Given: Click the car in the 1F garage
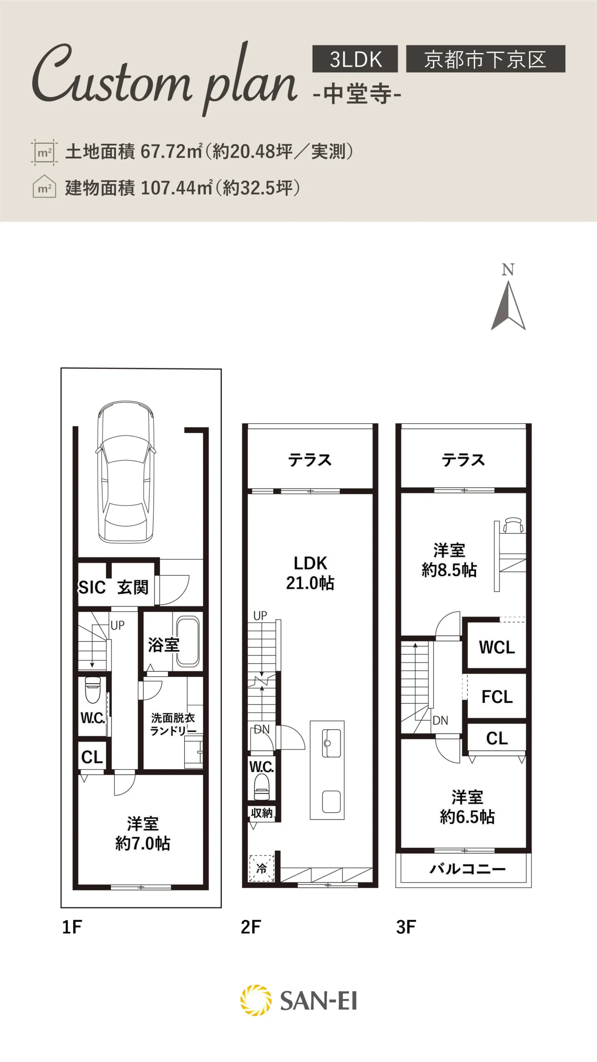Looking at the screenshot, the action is click(126, 472).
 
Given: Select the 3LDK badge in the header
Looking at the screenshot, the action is click(355, 59).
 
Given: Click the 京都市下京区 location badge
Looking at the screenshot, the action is click(485, 59).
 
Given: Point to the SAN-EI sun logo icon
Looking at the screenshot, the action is click(256, 1000).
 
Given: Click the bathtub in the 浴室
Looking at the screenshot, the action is click(188, 641).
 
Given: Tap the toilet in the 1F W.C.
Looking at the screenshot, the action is click(92, 689).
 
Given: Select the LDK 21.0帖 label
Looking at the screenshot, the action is click(310, 573).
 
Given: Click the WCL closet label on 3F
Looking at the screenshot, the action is click(497, 647).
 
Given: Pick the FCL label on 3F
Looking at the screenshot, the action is click(497, 697).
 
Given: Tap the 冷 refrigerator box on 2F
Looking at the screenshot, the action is click(262, 868).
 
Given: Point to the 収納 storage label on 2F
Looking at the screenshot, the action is click(262, 813).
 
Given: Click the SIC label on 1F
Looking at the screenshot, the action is click(92, 587).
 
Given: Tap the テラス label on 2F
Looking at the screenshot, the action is click(310, 460).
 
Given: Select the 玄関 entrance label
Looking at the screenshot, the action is click(133, 587).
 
